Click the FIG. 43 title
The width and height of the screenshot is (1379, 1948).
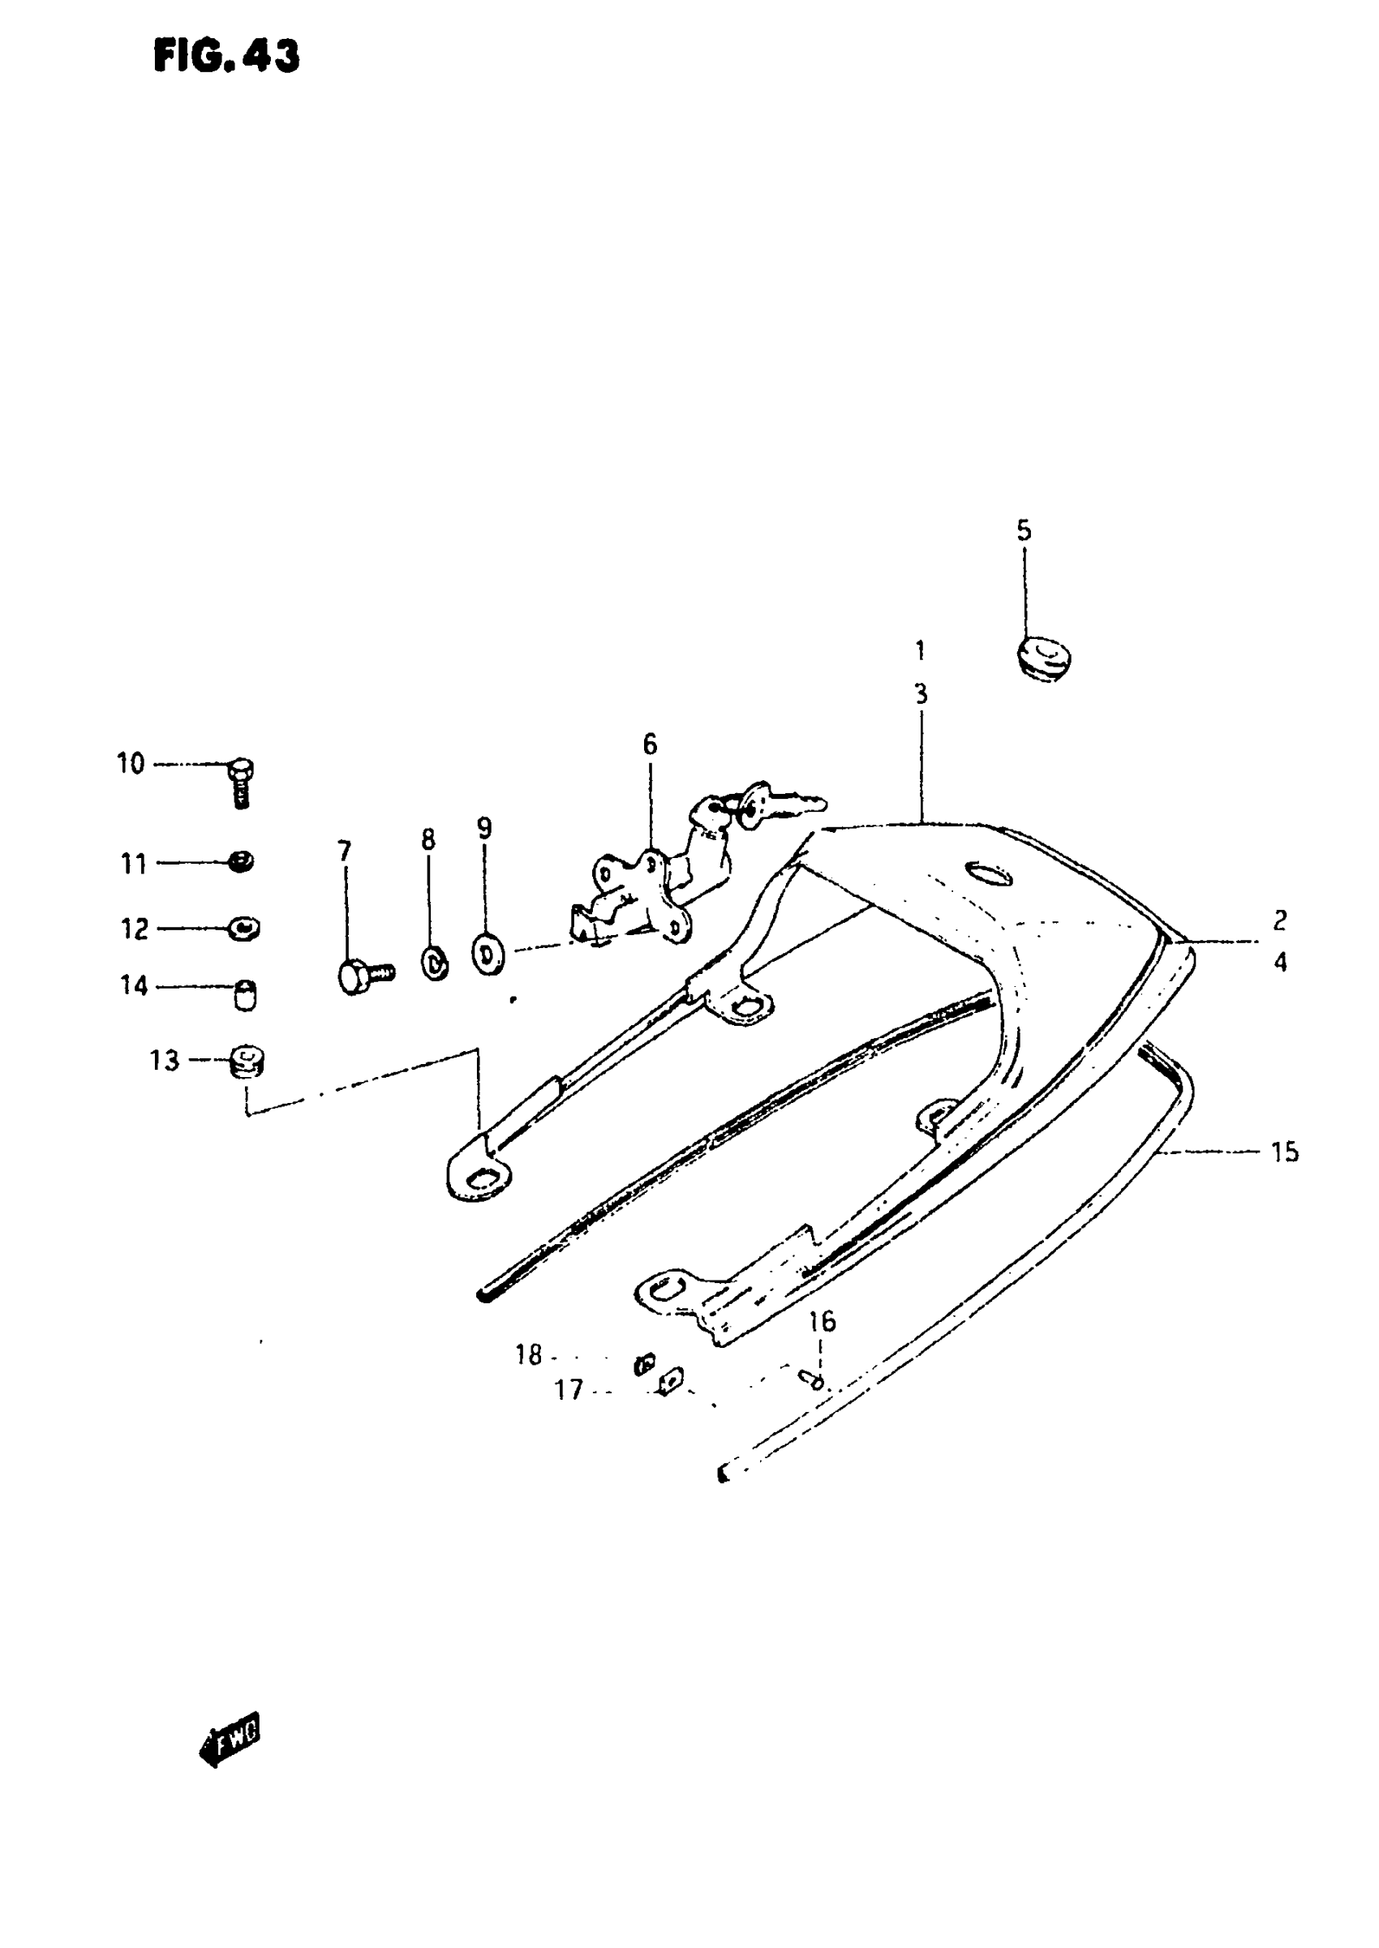[x=226, y=56]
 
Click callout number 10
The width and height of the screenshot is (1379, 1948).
[x=131, y=764]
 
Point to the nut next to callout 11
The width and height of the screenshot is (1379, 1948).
[x=242, y=862]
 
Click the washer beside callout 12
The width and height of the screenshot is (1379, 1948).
[x=244, y=928]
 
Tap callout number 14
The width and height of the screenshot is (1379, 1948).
[x=133, y=985]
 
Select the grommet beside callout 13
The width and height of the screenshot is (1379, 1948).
[x=247, y=1062]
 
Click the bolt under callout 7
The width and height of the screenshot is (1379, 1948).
[x=363, y=976]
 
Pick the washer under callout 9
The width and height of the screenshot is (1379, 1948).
[x=488, y=955]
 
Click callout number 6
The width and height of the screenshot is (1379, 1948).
[x=649, y=744]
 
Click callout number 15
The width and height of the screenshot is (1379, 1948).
[x=1285, y=1152]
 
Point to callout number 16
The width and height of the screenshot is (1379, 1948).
[x=821, y=1322]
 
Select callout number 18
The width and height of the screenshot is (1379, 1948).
[x=528, y=1354]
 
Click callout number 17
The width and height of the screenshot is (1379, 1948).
[x=569, y=1389]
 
